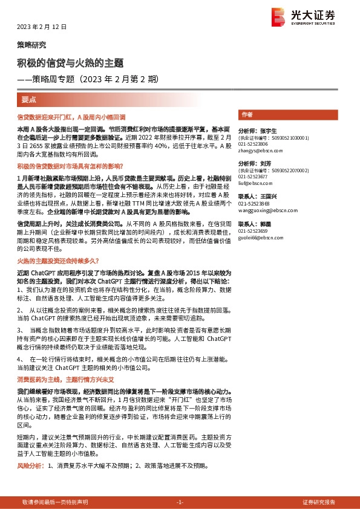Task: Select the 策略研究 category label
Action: pyautogui.click(x=31, y=45)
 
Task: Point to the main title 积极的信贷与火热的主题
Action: pyautogui.click(x=70, y=63)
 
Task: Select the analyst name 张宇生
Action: pyautogui.click(x=267, y=131)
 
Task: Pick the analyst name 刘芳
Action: pyautogui.click(x=264, y=164)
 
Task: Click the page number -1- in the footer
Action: pyautogui.click(x=179, y=502)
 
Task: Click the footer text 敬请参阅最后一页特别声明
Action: pyautogui.click(x=54, y=502)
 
